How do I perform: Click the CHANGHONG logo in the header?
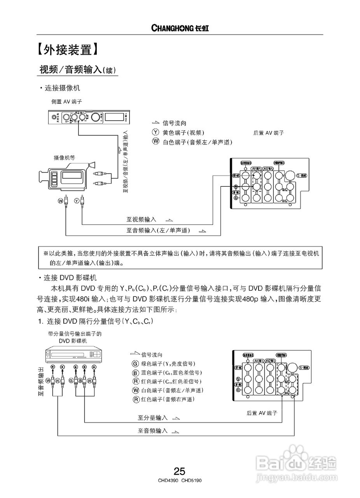(180, 28)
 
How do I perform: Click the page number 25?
(180, 472)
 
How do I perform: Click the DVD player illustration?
(73, 354)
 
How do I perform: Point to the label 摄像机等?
(64, 158)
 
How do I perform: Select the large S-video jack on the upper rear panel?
(291, 175)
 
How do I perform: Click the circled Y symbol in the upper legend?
(156, 132)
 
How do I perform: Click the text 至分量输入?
(153, 418)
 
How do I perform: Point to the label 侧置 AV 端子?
(67, 102)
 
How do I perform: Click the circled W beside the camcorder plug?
(60, 200)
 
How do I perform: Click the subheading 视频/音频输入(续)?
(78, 70)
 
